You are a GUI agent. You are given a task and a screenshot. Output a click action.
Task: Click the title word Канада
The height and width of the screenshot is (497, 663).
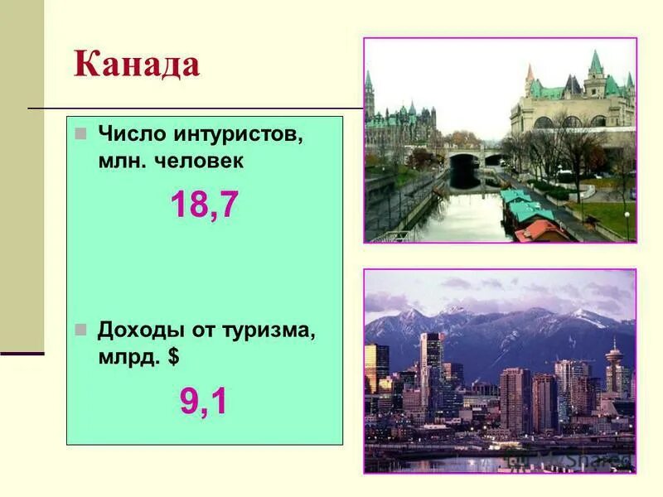137,65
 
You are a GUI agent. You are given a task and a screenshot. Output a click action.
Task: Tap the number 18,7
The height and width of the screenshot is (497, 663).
204,205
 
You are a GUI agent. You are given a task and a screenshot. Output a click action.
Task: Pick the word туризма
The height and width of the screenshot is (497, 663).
270,331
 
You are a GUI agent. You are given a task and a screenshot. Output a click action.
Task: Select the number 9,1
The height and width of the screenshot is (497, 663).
204,402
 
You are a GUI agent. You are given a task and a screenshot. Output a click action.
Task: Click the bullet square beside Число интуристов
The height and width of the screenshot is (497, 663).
80,133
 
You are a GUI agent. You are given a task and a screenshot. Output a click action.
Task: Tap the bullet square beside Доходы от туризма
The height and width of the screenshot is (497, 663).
80,330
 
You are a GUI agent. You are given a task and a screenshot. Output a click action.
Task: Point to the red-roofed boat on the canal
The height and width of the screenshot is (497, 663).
539,229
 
